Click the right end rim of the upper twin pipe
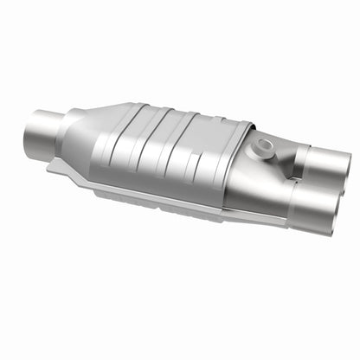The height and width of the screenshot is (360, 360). [x=345, y=168]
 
